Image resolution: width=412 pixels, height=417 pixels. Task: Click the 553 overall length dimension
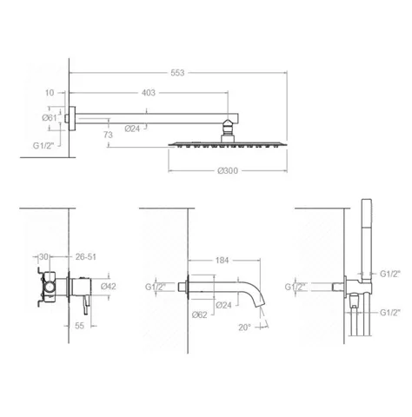coord(177,73)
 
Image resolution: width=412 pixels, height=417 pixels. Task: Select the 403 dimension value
coord(149,93)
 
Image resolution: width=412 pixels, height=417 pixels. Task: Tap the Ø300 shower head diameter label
coord(228,170)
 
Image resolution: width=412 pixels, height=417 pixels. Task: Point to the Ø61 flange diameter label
coord(50,117)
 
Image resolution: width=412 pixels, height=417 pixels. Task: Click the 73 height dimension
coord(108,135)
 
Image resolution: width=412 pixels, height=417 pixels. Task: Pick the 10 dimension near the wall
coord(50,93)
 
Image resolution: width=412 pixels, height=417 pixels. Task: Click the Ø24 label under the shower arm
coord(132,129)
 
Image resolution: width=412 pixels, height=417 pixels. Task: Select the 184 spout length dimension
coord(222,261)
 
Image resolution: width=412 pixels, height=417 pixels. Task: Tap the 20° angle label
coord(244,328)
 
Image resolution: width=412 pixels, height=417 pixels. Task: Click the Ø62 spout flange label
coord(200,314)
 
